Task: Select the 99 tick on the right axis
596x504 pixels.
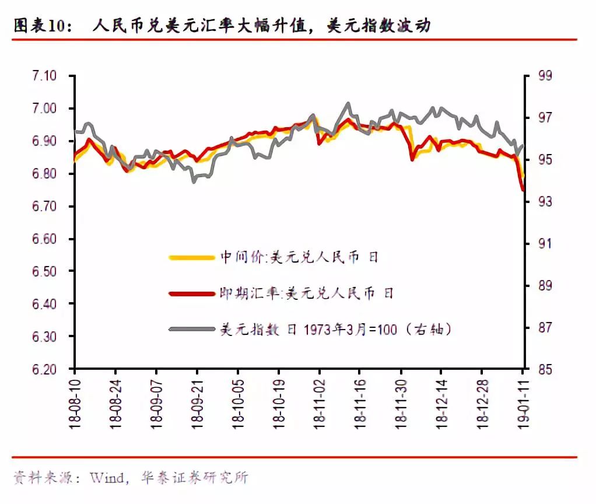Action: tap(545, 76)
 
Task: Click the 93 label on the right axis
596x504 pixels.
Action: tap(545, 202)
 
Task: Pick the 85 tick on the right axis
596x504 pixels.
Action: tap(545, 369)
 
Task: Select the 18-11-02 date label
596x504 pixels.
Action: tap(320, 402)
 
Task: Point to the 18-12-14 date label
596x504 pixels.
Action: tap(441, 402)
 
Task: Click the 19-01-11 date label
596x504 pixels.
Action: tap(523, 402)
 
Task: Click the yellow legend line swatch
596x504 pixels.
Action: tap(190, 257)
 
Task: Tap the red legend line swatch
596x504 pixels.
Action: tap(190, 293)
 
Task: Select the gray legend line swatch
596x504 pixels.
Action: tap(190, 330)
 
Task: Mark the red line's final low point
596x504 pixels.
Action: tap(523, 189)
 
